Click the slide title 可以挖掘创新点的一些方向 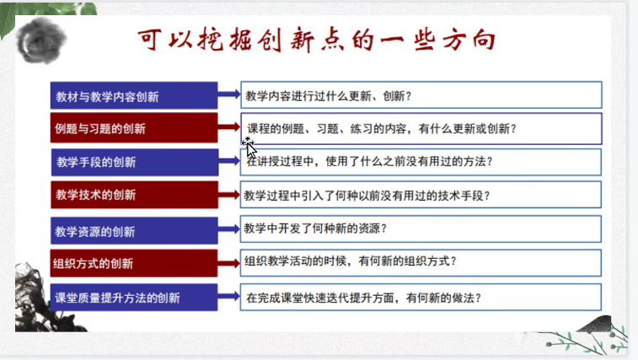click(316, 40)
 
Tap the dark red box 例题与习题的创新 click(134, 129)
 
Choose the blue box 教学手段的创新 click(134, 162)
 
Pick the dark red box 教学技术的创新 click(134, 195)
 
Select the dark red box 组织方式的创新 click(134, 262)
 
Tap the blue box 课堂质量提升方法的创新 click(134, 298)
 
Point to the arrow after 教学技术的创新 click(229, 195)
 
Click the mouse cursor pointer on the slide click(249, 148)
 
